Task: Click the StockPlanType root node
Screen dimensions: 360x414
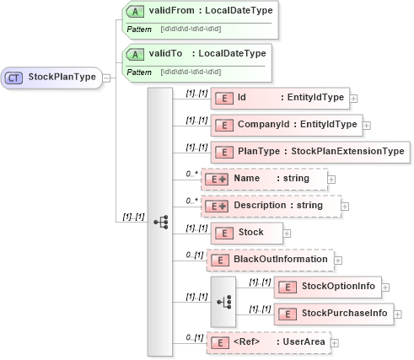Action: coord(52,78)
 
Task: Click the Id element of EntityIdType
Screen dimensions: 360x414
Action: coord(279,98)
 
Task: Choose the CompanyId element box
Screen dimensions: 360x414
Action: coord(286,126)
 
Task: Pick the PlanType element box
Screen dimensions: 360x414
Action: coord(309,153)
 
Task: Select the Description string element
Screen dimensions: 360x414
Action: coord(273,206)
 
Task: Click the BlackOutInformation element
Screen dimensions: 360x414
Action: coord(271,259)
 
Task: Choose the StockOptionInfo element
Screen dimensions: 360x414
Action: coord(327,287)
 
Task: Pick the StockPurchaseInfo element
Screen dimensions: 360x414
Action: coord(332,314)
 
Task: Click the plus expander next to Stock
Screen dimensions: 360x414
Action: coord(287,233)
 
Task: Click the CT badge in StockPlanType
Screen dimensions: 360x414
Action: coord(14,78)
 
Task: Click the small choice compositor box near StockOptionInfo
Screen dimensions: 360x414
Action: coord(223,299)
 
